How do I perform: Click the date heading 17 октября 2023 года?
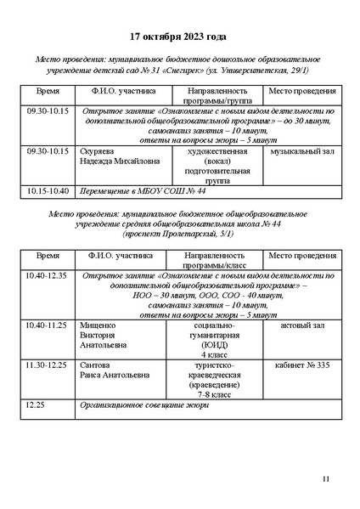(x=178, y=38)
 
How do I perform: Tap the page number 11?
(x=325, y=481)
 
